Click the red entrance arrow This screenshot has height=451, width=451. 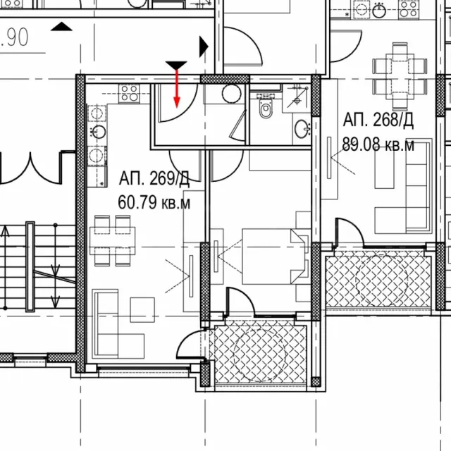(x=177, y=89)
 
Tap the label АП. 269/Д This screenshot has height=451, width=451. (x=154, y=178)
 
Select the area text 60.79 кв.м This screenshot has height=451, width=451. (x=154, y=202)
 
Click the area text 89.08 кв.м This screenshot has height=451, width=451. (x=378, y=144)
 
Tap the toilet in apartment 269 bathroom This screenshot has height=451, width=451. (x=266, y=106)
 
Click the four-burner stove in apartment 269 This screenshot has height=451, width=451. (x=129, y=93)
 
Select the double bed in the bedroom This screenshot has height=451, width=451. (x=273, y=257)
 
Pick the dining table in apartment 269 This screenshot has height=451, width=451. (x=113, y=241)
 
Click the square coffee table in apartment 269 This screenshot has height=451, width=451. (x=142, y=310)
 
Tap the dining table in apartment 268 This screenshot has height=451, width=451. (x=400, y=76)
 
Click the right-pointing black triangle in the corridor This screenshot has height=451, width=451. (x=204, y=47)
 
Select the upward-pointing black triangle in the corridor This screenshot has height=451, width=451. (x=61, y=26)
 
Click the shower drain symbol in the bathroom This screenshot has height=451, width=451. (x=297, y=101)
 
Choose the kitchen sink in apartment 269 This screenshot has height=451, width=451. (x=98, y=132)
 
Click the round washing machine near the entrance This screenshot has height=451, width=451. (x=232, y=94)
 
